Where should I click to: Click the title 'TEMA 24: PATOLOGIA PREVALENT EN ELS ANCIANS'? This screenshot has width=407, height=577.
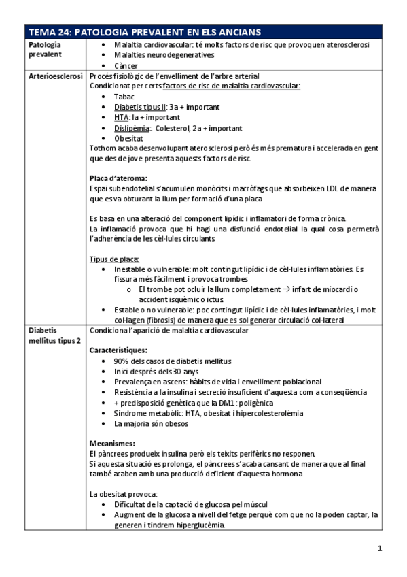tap(145, 33)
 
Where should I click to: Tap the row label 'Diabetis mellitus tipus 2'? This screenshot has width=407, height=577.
tap(54, 335)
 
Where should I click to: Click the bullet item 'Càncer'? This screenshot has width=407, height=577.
tap(126, 65)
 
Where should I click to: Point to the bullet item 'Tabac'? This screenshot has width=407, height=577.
tap(124, 97)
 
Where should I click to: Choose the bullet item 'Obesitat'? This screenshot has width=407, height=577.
tap(129, 137)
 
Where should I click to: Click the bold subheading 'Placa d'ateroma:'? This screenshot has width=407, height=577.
tap(118, 178)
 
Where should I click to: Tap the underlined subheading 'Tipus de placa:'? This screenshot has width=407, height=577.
tap(114, 259)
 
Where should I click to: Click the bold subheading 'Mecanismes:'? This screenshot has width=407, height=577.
tap(112, 443)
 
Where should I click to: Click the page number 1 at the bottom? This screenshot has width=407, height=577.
tap(380, 548)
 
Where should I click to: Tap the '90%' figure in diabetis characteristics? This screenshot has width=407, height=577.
tap(123, 361)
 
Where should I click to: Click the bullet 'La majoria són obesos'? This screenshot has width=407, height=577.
tap(153, 423)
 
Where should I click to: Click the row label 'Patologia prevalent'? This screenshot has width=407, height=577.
tap(45, 50)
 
